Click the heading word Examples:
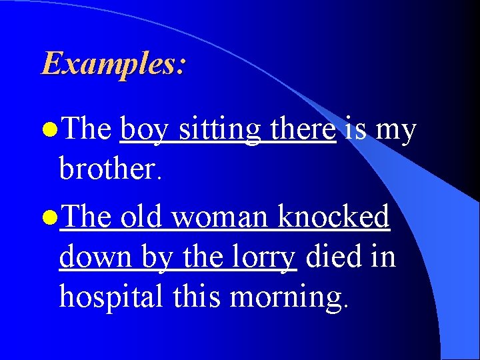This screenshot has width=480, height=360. point(113,64)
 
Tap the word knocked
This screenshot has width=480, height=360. point(333,217)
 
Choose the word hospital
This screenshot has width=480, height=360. point(111,297)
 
